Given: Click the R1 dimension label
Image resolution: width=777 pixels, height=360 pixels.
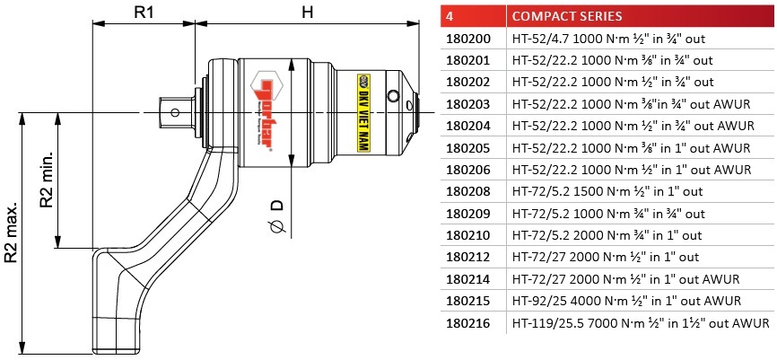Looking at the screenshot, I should pyautogui.click(x=144, y=13).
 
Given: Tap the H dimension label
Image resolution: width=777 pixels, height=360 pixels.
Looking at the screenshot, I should pyautogui.click(x=308, y=13).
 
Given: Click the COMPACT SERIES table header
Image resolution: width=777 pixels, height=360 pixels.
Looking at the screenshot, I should pyautogui.click(x=565, y=16).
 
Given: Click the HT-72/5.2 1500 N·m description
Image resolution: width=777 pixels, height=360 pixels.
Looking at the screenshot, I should pyautogui.click(x=607, y=192).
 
